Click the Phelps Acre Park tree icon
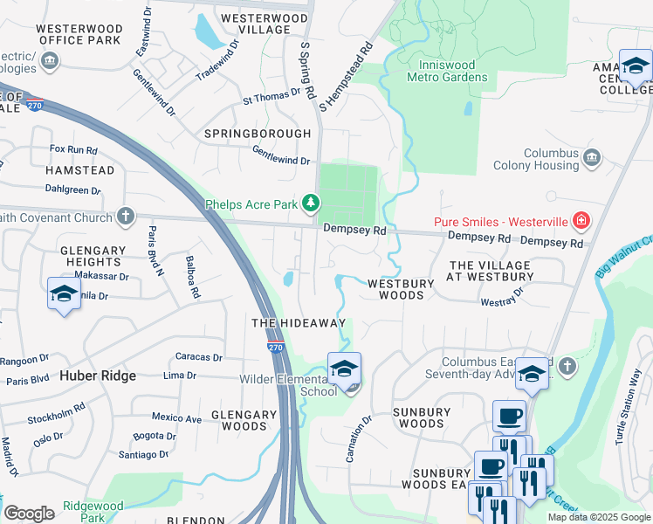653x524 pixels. point(311,205)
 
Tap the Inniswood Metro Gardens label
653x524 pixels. point(447,71)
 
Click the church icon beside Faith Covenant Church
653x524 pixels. point(127,217)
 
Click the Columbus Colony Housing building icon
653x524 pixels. point(593,158)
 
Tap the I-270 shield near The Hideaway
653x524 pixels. point(276,346)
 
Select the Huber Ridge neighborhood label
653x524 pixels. point(98,376)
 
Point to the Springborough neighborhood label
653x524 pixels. point(257,134)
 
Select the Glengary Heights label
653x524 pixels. point(91,256)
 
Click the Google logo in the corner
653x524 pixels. point(29,513)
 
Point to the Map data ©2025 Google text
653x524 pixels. point(599,517)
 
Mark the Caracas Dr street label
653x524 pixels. point(199,356)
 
